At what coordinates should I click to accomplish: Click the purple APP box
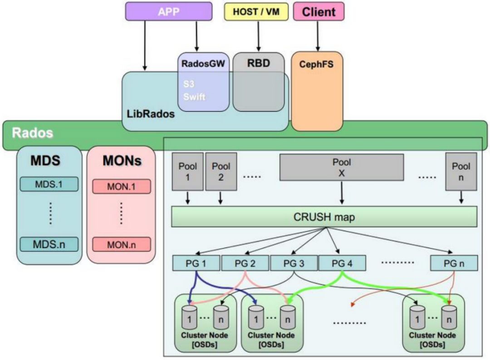(169, 11)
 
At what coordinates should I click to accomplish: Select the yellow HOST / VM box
(256, 12)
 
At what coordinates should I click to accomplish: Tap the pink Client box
(319, 12)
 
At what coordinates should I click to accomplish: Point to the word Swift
(194, 97)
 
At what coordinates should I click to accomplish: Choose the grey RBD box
(258, 82)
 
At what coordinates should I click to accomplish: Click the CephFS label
(316, 65)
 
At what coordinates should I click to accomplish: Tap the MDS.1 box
(49, 184)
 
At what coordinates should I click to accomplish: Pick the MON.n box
(121, 244)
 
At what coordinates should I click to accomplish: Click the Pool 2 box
(220, 172)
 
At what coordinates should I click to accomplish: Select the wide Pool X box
(341, 167)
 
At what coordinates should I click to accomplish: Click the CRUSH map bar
(324, 217)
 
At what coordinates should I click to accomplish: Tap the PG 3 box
(294, 263)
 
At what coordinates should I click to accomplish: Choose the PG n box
(454, 263)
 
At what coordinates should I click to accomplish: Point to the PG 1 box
(196, 263)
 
